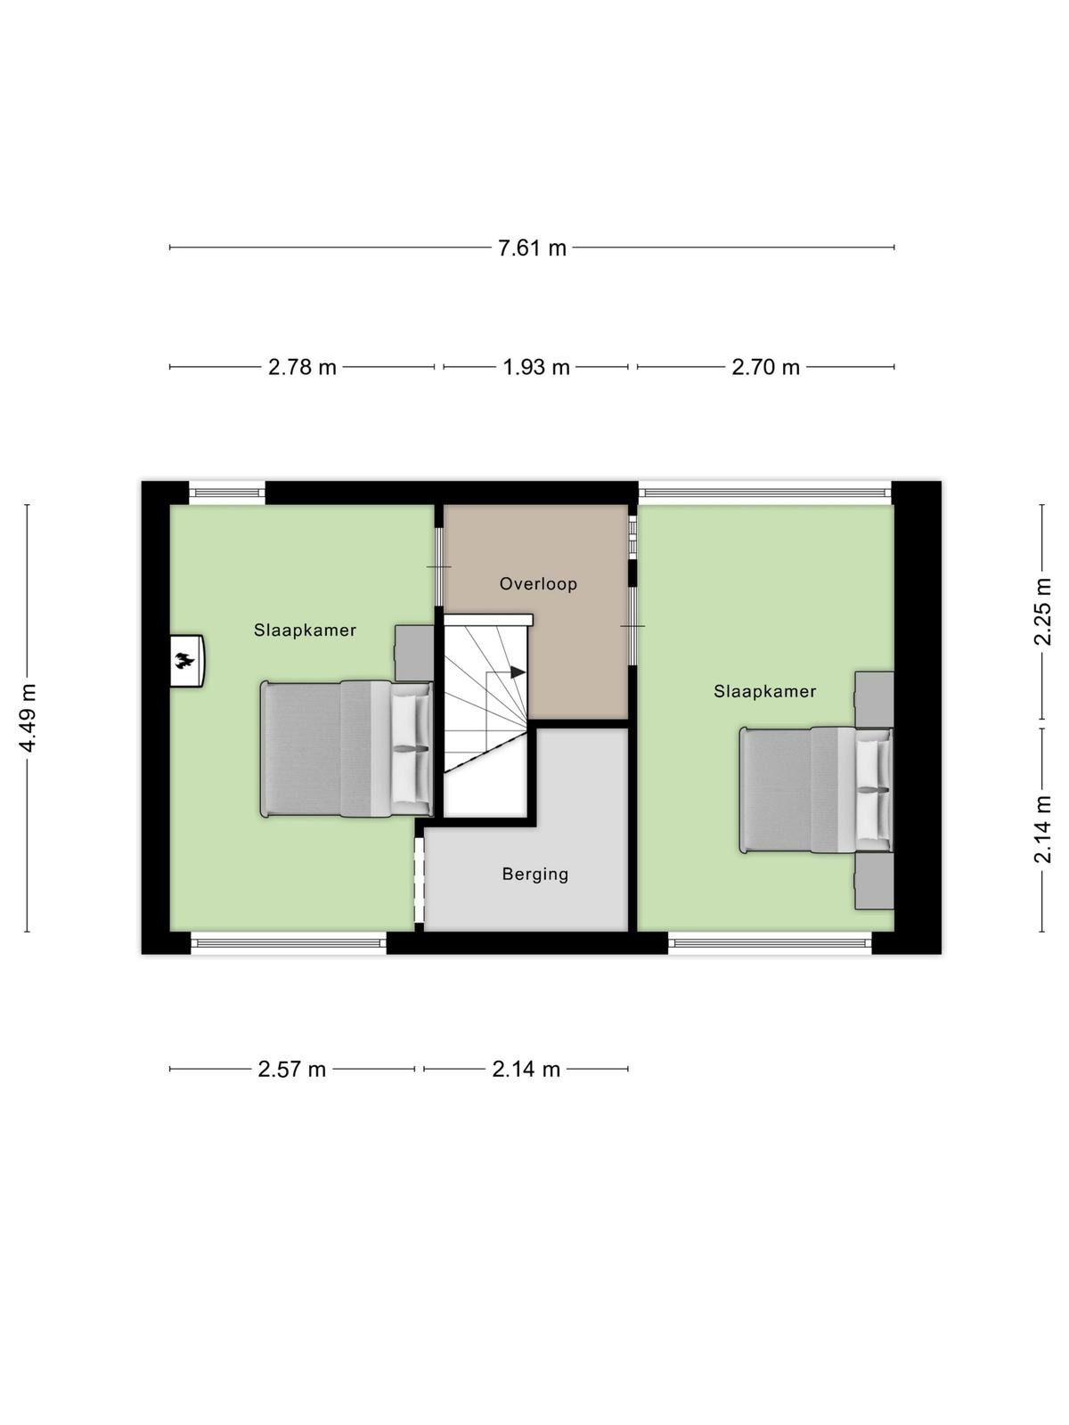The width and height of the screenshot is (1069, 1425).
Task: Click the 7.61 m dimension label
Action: pos(532,248)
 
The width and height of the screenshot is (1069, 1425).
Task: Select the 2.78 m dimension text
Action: pos(303,368)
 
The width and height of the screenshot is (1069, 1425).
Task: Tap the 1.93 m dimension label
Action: pos(536,368)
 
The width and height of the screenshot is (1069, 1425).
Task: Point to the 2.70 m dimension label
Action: pos(765,368)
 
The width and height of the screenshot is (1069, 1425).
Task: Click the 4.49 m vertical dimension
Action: pos(28,717)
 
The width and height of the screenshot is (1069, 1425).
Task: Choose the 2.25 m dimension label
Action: pos(1041,612)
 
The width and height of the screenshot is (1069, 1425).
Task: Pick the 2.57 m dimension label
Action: pos(291,1070)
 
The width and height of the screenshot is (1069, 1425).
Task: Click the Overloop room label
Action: pos(538,583)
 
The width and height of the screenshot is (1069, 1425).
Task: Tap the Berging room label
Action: pos(535,875)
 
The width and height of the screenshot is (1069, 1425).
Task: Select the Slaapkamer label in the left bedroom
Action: pos(305,631)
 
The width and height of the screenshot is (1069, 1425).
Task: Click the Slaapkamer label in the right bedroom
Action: pos(764,691)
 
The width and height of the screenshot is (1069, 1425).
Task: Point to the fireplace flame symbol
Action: pos(184,661)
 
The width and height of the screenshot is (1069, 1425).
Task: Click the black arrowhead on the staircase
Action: pos(518,672)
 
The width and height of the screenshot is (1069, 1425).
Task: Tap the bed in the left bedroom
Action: pos(347,748)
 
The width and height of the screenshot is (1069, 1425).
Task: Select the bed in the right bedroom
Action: pos(817,790)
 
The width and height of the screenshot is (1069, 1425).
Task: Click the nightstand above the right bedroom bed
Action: pos(874,699)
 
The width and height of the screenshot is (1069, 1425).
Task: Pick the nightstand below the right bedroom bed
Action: pos(874,882)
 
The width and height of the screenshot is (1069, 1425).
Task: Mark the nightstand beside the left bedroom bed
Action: pos(414,653)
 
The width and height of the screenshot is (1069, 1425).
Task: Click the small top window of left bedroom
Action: pos(227,493)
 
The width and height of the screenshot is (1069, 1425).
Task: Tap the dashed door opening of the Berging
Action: pos(420,880)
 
